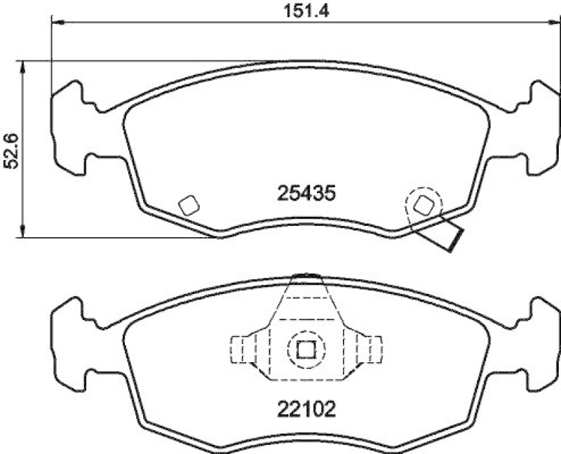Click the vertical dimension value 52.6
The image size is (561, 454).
tap(10, 151)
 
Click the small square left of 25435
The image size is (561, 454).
tap(188, 205)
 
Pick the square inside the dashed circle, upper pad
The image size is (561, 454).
tap(424, 205)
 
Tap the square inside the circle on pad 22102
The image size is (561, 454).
tap(306, 348)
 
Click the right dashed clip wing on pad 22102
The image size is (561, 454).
tap(369, 348)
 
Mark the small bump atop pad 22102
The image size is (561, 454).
tap(305, 276)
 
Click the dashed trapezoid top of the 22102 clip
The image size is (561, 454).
tap(306, 298)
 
